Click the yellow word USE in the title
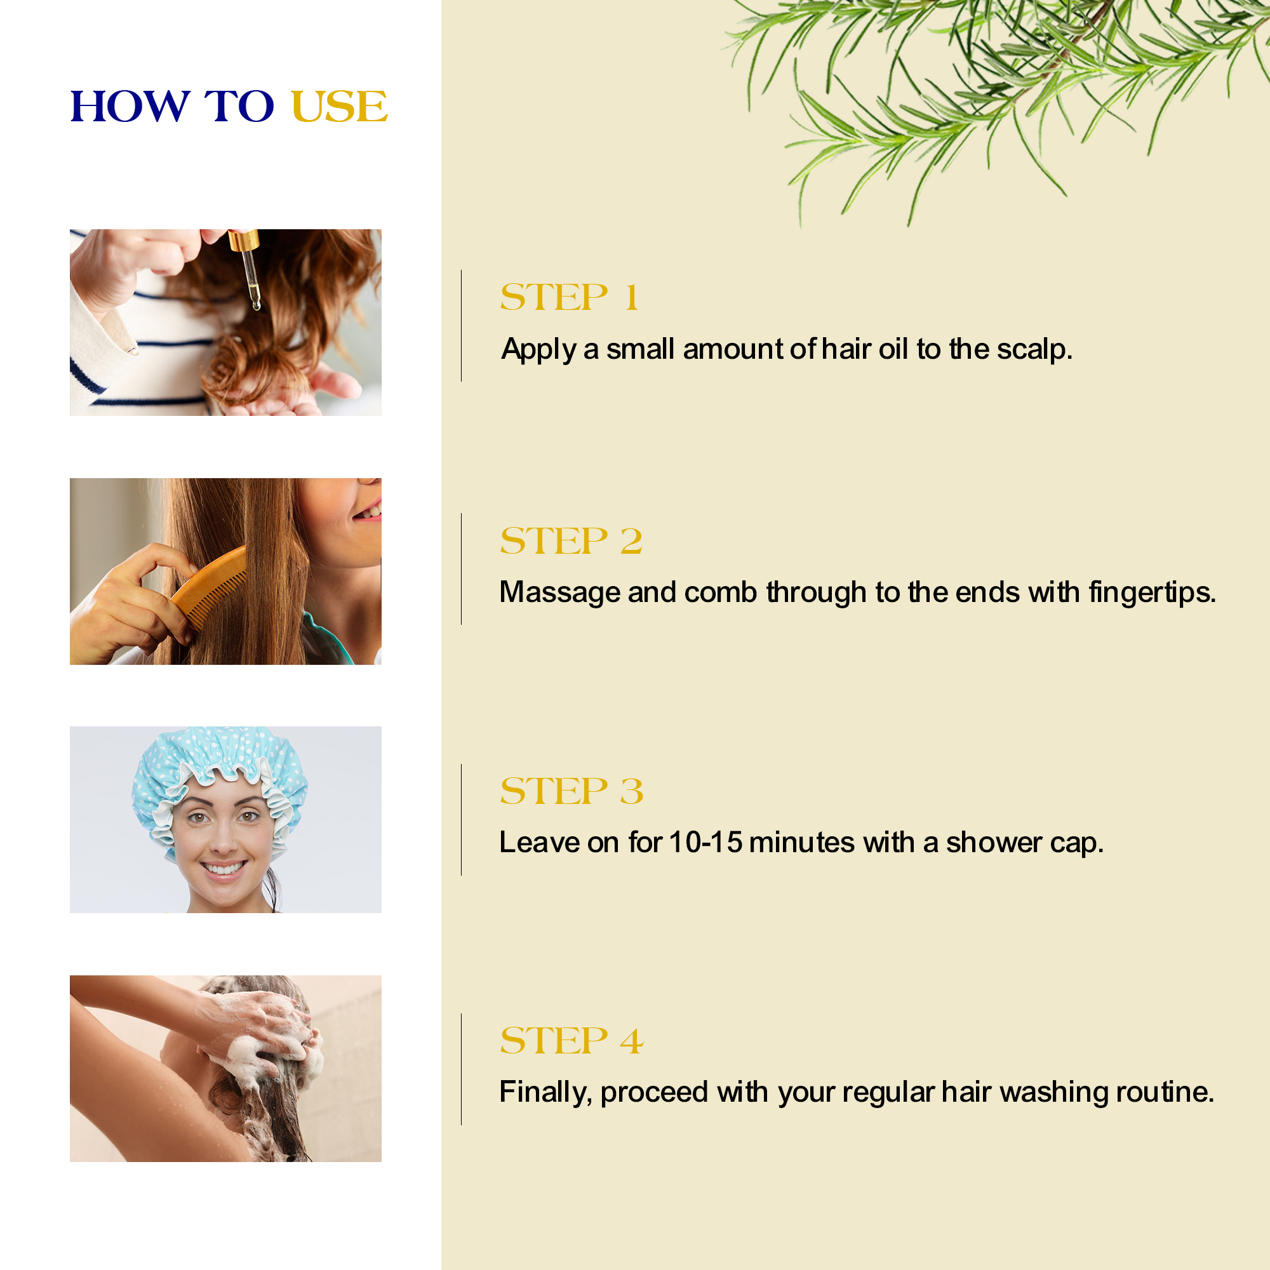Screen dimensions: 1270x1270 pyautogui.click(x=339, y=107)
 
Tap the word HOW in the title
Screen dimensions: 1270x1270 pyautogui.click(x=130, y=107)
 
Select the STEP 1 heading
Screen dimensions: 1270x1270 pyautogui.click(x=569, y=297)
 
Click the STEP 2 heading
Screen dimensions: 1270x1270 pyautogui.click(x=571, y=540)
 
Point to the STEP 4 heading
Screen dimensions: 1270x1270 pyautogui.click(x=572, y=1040)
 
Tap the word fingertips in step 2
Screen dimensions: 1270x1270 pyautogui.click(x=1152, y=593)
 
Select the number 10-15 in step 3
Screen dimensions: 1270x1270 pyautogui.click(x=705, y=842)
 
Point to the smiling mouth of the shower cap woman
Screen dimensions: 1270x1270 pyautogui.click(x=224, y=869)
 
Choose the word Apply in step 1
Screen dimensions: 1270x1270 pyautogui.click(x=539, y=350)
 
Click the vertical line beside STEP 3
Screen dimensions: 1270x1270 pyautogui.click(x=462, y=820)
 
